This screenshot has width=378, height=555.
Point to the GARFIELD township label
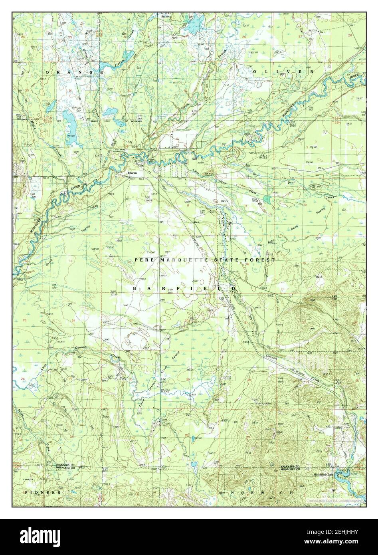[x=184, y=288]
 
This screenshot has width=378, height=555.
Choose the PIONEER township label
[x=43, y=493]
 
